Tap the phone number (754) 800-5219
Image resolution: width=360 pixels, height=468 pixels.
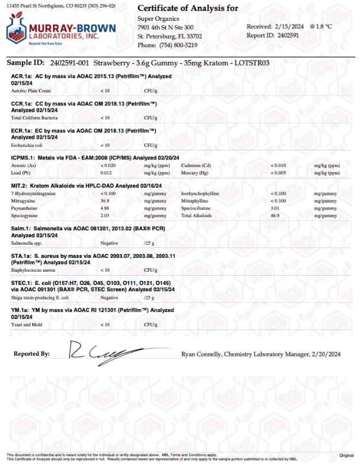176,45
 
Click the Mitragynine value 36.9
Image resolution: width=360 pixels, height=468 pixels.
105,201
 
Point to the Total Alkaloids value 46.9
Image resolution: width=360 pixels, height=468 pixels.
275,215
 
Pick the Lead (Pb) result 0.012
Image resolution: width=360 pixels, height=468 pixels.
106,173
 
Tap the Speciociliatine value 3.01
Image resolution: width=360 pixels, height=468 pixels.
275,208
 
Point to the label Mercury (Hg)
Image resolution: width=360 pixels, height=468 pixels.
196,173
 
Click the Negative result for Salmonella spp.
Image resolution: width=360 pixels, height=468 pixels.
109,243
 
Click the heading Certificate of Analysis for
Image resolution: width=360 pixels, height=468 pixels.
188,8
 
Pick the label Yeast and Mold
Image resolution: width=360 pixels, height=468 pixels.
28,325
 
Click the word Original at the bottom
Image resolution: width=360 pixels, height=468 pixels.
347,455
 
